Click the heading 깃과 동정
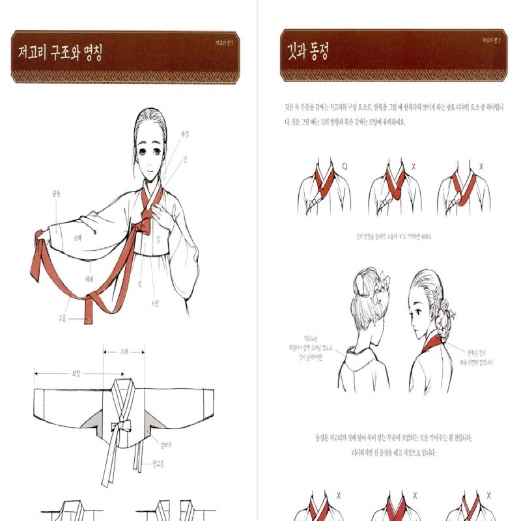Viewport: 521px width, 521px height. pos(307,53)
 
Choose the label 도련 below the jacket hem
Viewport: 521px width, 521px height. pos(155,303)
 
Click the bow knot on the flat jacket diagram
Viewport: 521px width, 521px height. pos(121,427)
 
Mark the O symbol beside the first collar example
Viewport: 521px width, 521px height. pos(344,167)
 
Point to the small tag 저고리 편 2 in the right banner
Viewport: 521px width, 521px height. pos(493,40)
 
